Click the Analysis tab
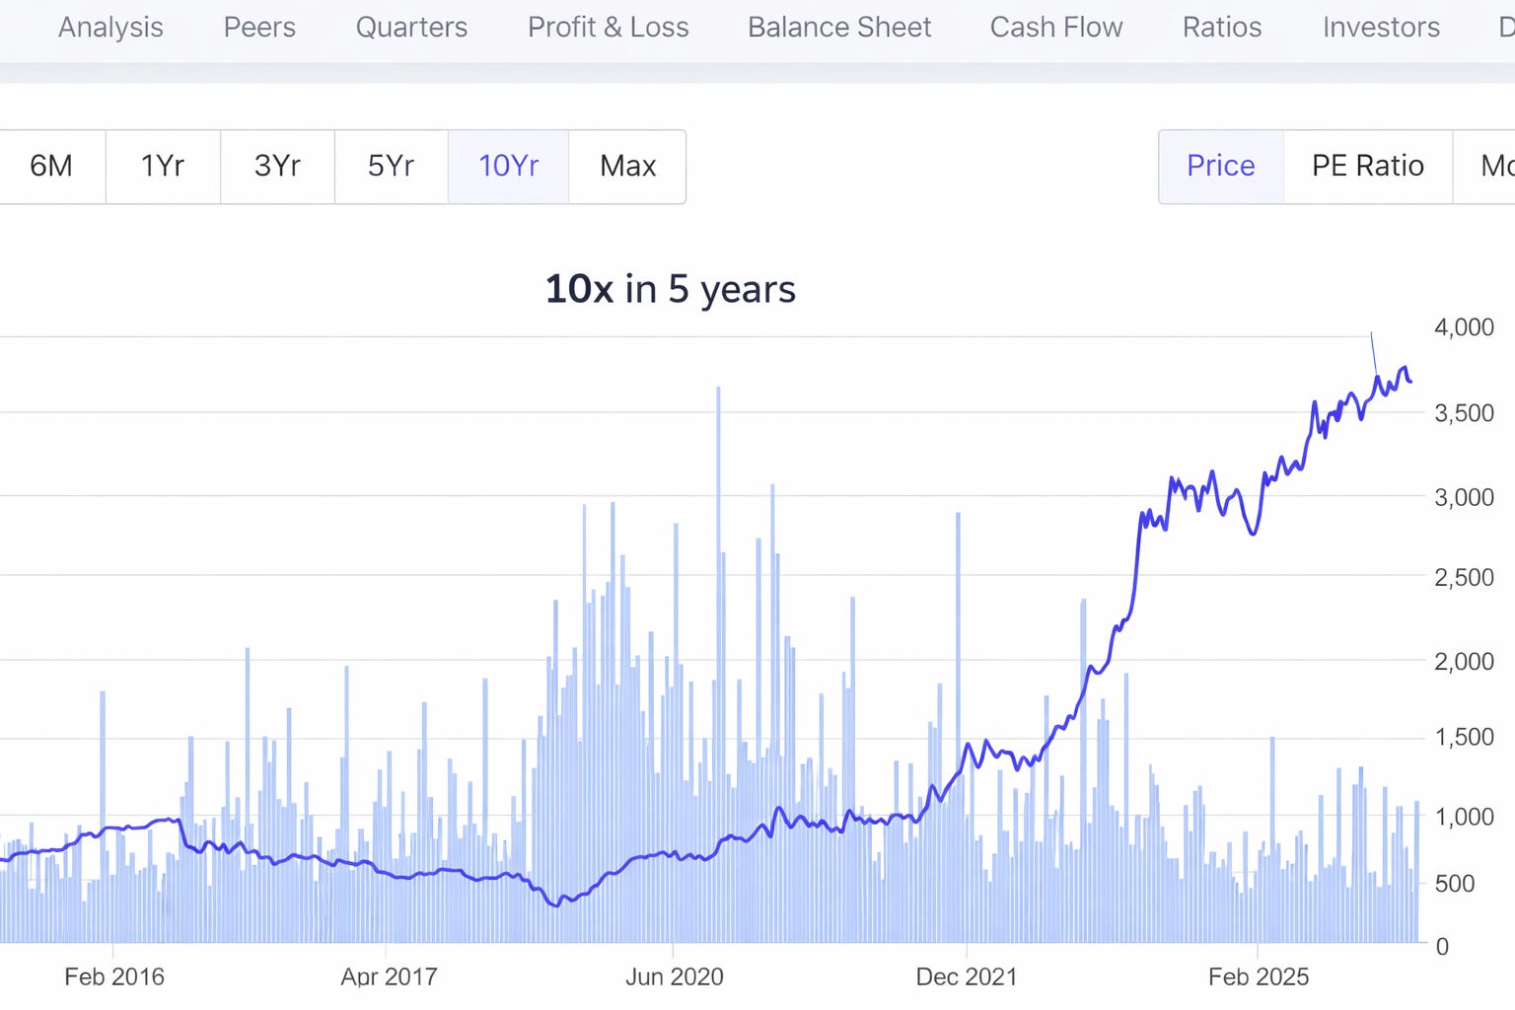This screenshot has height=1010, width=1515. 110,28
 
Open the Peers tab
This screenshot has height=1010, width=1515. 259,28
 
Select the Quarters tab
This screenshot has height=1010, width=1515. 411,28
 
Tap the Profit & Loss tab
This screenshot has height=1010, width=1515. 608,28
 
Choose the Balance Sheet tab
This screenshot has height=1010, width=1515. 839,28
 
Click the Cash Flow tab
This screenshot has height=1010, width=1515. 1056,28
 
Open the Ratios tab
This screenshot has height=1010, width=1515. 1222,28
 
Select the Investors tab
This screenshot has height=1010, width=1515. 1381,28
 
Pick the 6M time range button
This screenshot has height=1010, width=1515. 51,166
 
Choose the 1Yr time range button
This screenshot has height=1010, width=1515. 163,166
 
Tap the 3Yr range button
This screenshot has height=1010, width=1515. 277,166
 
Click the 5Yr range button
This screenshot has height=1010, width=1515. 391,166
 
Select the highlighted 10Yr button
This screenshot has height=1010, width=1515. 508,166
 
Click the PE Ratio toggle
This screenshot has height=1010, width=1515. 1367,166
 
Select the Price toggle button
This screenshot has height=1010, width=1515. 1220,166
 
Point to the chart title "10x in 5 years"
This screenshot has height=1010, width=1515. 670,289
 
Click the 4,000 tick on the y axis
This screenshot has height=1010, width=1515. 1464,327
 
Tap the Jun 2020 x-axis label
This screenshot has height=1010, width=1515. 674,976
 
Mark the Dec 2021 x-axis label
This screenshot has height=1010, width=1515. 966,976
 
